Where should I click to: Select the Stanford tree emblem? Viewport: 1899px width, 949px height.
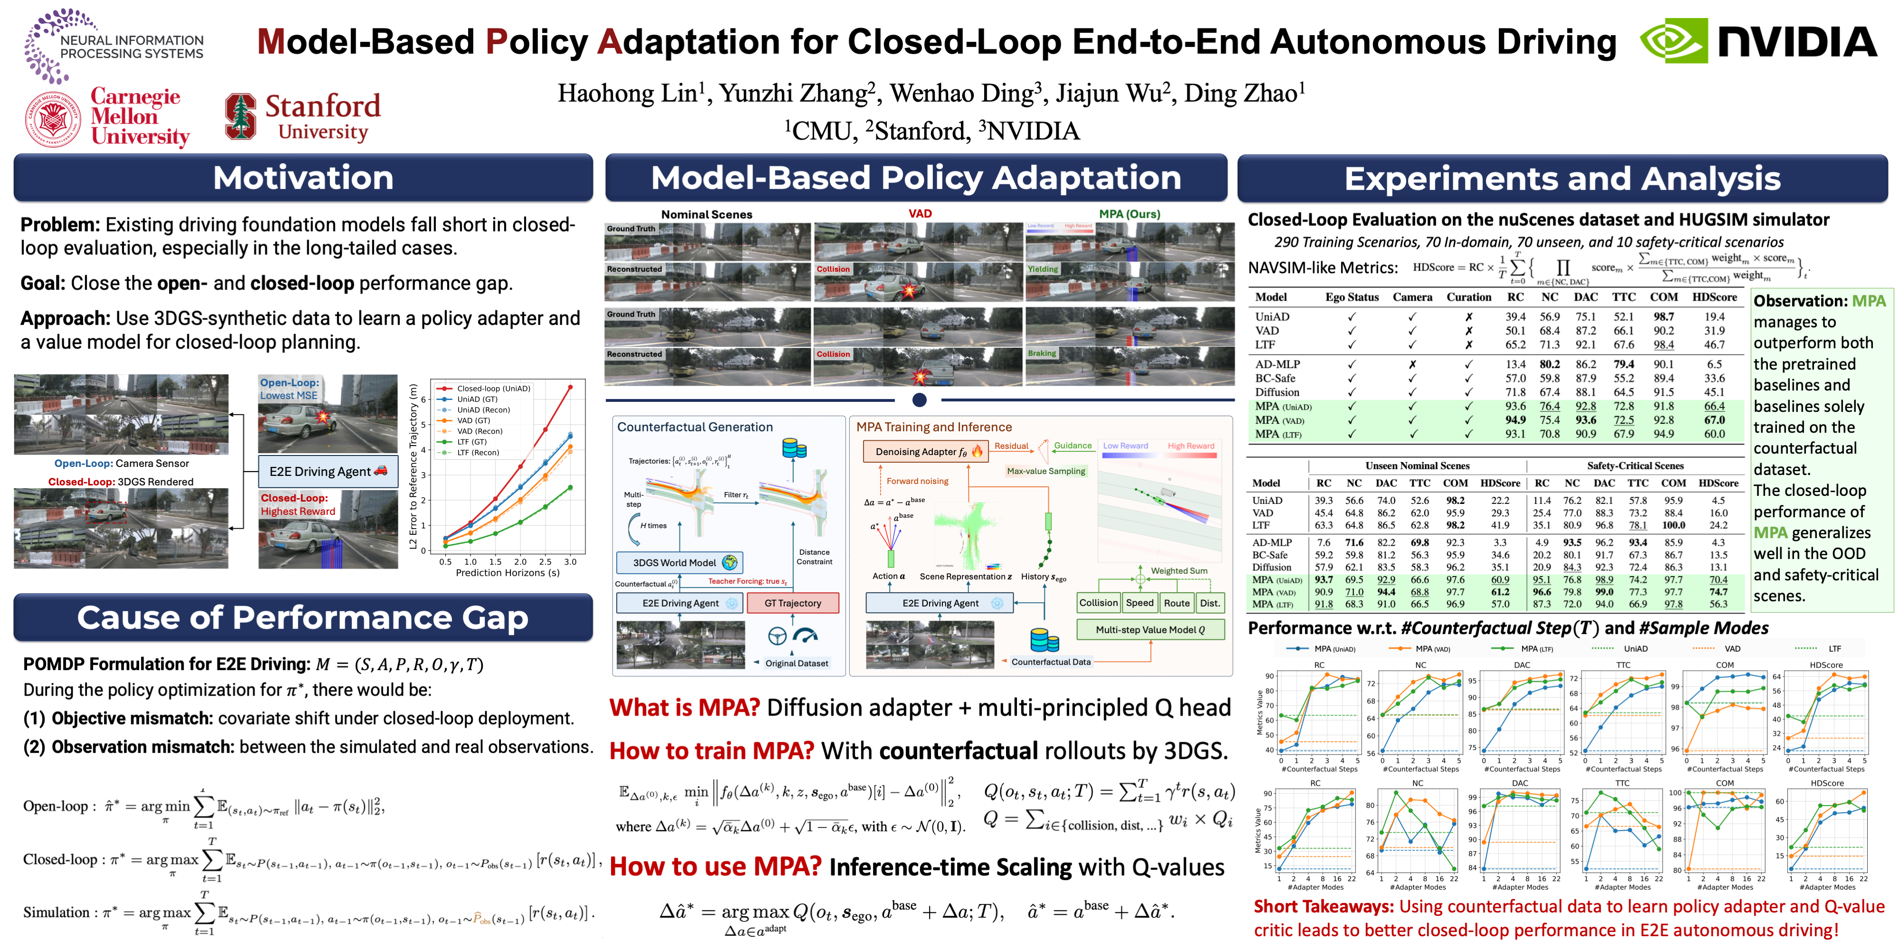[240, 116]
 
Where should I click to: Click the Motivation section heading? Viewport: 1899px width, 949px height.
[303, 177]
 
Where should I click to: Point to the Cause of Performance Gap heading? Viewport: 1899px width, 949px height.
[302, 617]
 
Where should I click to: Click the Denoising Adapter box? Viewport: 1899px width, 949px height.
[924, 452]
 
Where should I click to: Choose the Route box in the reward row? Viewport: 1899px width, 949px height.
[1176, 603]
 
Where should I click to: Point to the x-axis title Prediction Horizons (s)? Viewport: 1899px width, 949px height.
[507, 573]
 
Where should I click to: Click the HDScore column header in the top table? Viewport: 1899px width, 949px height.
[1714, 297]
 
